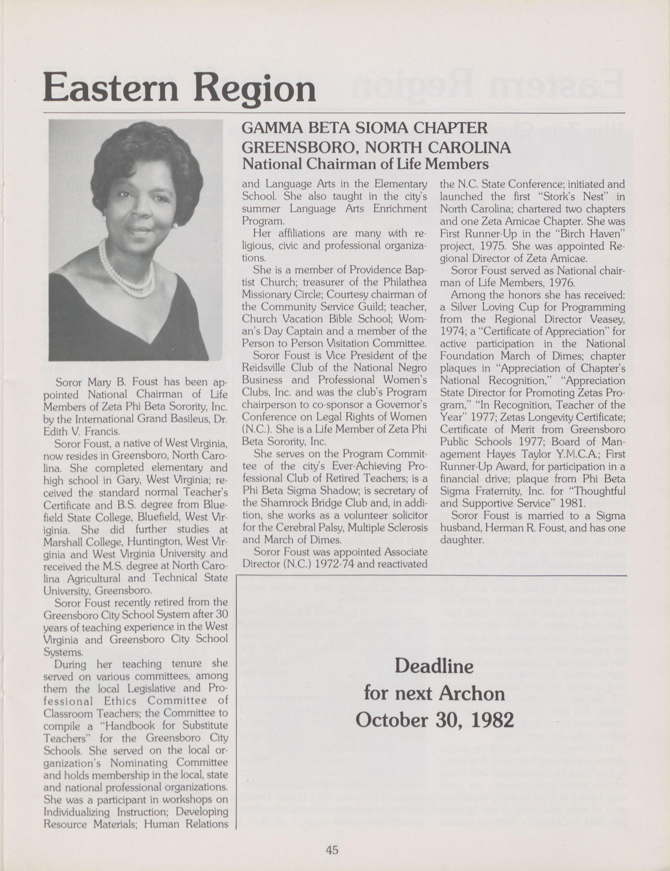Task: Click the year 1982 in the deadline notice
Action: tap(492, 720)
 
